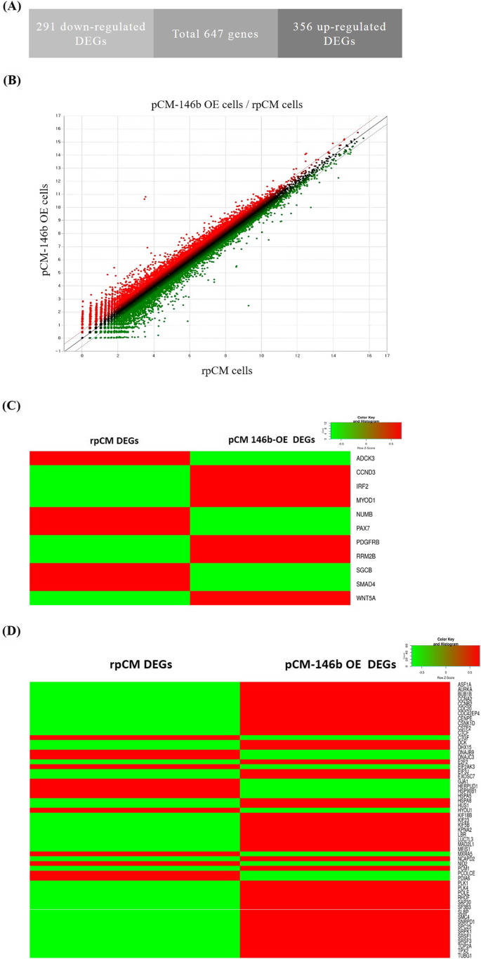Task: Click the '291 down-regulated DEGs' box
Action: pos(91,32)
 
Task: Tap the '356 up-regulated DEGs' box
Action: pos(340,32)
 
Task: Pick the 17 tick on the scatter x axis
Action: pos(387,357)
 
